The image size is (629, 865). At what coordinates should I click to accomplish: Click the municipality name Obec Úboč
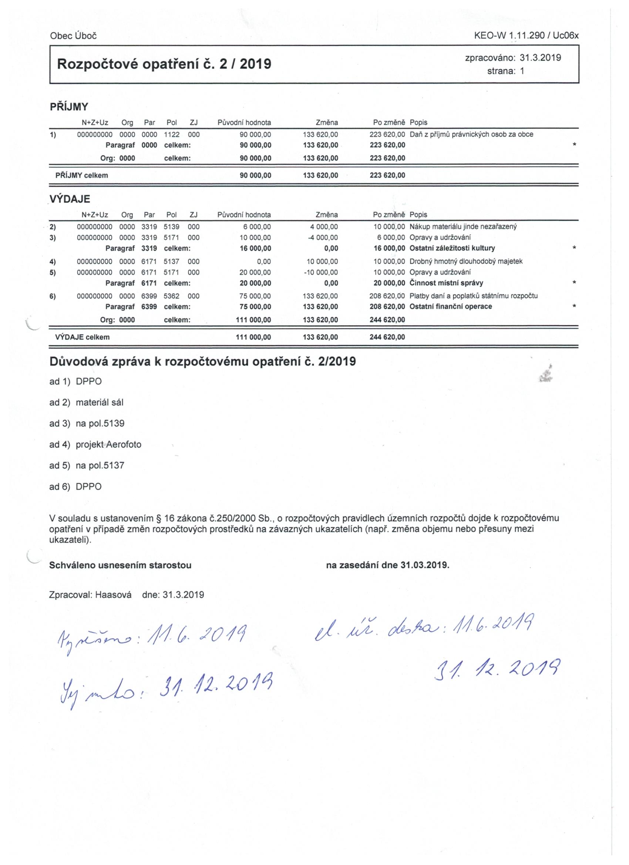point(73,36)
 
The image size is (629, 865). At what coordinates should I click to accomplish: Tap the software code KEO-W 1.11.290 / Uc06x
point(526,36)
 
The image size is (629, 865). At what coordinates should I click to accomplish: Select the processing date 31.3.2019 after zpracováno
point(540,58)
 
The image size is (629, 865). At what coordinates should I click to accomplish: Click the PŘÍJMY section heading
point(69,107)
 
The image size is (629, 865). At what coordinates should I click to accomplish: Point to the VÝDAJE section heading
point(70,199)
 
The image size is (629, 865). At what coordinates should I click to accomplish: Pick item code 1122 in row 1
point(172,135)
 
